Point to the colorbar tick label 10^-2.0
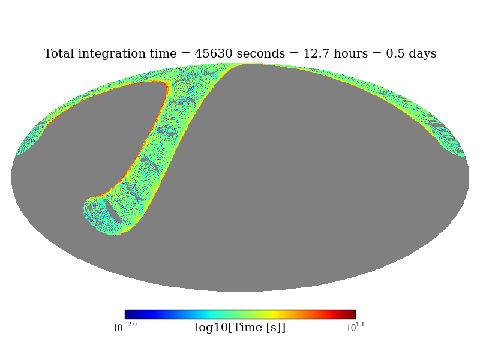coord(125,327)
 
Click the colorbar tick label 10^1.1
coord(355,327)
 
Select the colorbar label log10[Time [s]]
coord(240,328)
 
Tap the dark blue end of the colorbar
coord(128,314)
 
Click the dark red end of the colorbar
coord(352,314)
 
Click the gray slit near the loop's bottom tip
coord(113,211)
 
